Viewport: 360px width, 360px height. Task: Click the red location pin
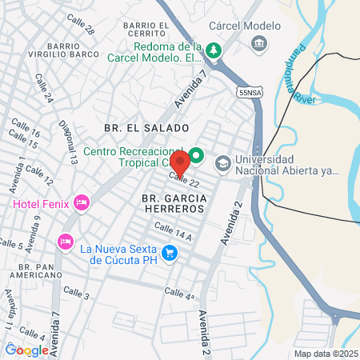pos(180,162)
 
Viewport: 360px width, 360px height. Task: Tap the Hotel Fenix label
pos(40,204)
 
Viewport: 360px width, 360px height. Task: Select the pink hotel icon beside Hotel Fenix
pos(80,204)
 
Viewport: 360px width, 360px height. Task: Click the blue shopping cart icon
pos(169,254)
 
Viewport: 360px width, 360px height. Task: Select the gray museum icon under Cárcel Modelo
pos(260,42)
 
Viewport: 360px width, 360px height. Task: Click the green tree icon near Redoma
pos(214,50)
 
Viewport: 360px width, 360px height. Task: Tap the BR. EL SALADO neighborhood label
pos(146,128)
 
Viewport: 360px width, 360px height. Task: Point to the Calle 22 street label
pos(183,181)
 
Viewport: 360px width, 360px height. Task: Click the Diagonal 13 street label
pos(68,142)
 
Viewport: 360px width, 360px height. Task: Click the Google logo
pos(26,350)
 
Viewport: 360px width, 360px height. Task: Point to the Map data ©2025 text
pos(325,354)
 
